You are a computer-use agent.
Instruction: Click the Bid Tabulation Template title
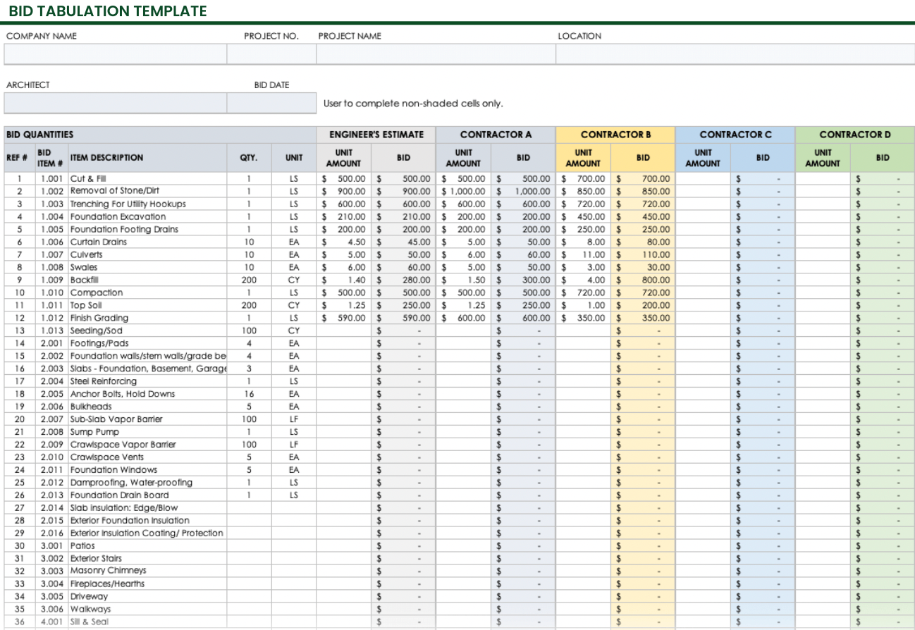pos(108,11)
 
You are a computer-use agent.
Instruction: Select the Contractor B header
pos(615,135)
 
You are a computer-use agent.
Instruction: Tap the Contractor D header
pos(854,135)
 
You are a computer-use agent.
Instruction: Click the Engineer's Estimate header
pos(376,135)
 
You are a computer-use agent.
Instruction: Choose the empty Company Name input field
pos(115,54)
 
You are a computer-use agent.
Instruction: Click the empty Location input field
pos(735,54)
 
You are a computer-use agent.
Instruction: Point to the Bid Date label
pos(271,85)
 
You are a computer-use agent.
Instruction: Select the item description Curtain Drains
pos(99,242)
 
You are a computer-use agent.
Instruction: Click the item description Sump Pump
pos(94,432)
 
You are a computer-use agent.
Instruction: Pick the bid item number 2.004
pos(52,381)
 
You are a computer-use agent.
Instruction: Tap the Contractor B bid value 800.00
pos(656,280)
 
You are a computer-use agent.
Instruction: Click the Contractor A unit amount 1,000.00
pos(465,191)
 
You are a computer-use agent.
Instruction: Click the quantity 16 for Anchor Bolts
pos(249,394)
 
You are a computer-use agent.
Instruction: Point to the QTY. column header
pos(249,158)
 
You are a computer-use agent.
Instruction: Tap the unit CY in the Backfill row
pos(294,280)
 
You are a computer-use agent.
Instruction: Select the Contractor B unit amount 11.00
pos(593,254)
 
